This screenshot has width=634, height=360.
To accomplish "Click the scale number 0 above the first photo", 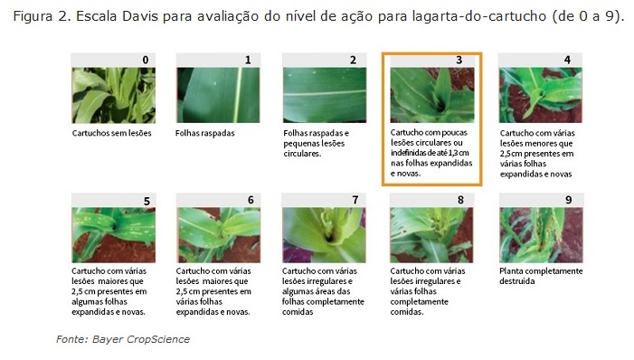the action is (x=146, y=60).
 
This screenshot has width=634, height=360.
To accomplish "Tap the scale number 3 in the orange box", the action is (x=459, y=60).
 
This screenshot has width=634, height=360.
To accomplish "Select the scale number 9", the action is (x=569, y=200).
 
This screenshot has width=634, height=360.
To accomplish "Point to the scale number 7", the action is (x=355, y=200).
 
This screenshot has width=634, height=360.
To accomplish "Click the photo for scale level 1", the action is (x=218, y=95).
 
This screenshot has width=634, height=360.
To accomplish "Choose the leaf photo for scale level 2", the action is (x=325, y=95).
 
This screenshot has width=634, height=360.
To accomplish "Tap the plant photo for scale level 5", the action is (x=114, y=235).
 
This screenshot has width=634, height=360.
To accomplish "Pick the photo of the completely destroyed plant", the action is (x=541, y=235).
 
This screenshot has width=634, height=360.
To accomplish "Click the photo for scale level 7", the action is (x=324, y=235).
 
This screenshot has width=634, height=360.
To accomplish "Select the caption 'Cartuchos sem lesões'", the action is (x=111, y=133).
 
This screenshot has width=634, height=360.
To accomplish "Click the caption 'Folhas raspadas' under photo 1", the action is (x=205, y=133).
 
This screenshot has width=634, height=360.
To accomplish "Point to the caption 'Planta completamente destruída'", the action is (x=541, y=276).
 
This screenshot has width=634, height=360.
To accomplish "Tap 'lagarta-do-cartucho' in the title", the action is (x=479, y=16).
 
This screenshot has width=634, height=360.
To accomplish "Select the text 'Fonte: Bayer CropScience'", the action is (x=123, y=339).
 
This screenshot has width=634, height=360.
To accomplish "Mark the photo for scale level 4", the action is (x=541, y=95).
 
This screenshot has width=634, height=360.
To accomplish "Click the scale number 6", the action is (x=251, y=200).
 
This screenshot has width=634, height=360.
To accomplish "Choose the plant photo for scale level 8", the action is (x=431, y=235).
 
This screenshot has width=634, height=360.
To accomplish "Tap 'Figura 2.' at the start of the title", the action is (x=42, y=16).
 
